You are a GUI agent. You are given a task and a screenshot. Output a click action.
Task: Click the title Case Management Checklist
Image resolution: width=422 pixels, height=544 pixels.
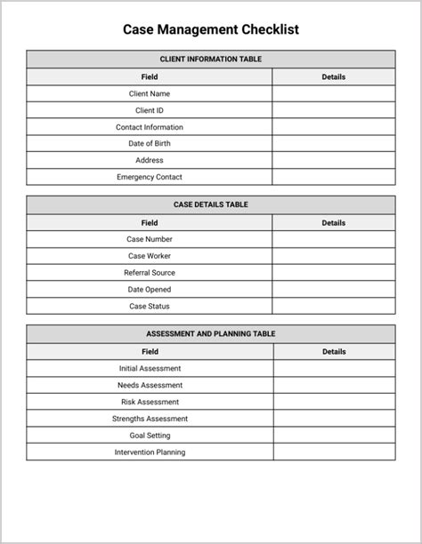[211, 29]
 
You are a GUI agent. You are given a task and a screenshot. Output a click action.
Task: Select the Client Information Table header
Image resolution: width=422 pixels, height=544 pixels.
[211, 60]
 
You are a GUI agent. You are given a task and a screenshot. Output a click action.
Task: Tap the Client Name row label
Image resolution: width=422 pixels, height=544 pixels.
[150, 93]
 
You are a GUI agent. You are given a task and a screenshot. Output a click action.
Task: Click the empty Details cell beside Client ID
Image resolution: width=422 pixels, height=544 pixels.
[333, 110]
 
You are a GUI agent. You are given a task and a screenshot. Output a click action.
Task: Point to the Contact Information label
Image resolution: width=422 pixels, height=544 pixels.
[150, 127]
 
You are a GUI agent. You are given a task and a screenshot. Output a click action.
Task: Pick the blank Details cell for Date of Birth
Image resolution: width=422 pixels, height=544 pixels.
[333, 143]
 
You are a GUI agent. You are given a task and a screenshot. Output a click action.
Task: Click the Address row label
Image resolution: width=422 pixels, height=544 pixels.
[150, 160]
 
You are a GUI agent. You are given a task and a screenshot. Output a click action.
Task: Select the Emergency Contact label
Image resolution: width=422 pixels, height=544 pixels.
[150, 177]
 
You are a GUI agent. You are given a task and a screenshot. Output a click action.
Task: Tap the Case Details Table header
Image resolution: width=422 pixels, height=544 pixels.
[211, 204]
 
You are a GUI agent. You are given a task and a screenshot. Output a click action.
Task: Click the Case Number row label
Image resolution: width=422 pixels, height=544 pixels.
[150, 239]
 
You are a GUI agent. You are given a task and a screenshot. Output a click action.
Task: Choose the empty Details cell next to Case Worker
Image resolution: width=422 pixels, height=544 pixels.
[333, 256]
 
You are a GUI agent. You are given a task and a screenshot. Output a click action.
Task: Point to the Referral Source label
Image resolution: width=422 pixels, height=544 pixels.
[150, 273]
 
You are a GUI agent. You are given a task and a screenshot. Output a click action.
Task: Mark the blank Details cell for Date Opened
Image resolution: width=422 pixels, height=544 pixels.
[333, 289]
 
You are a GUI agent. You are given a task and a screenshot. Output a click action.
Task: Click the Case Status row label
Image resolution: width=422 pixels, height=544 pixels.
[150, 306]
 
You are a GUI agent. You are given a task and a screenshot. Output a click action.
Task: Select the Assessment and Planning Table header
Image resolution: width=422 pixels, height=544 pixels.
[211, 334]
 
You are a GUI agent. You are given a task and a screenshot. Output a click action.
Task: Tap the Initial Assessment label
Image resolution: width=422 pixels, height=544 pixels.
[150, 368]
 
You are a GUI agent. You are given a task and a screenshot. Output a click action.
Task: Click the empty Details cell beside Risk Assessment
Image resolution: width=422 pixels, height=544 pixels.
[334, 402]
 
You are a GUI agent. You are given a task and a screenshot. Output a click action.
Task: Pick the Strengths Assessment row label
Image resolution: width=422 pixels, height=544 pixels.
[150, 419]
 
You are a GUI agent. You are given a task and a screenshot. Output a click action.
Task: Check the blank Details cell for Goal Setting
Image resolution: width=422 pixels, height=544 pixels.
[334, 436]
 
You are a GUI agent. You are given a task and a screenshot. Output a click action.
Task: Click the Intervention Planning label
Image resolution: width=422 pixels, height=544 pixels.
[150, 452]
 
